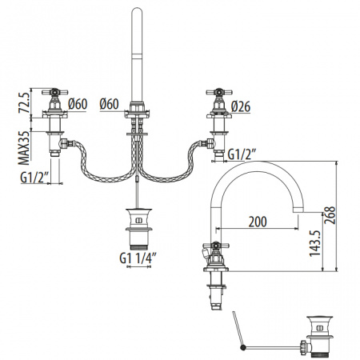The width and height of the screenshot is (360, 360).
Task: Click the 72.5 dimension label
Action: click(23, 102)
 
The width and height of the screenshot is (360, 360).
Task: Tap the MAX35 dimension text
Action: click(23, 148)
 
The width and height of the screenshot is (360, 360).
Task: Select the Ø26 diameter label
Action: click(241, 106)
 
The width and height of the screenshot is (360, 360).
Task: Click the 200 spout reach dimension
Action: click(258, 222)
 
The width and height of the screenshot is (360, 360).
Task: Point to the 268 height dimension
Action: click(330, 215)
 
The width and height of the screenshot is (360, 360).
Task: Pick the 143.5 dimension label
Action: click(315, 243)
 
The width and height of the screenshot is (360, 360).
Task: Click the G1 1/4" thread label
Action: click(138, 258)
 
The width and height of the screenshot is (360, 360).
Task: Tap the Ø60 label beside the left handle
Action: click(78, 104)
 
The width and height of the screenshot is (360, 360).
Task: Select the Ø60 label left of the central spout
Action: click(109, 104)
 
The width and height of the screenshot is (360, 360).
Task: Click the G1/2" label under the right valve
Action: click(242, 154)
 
